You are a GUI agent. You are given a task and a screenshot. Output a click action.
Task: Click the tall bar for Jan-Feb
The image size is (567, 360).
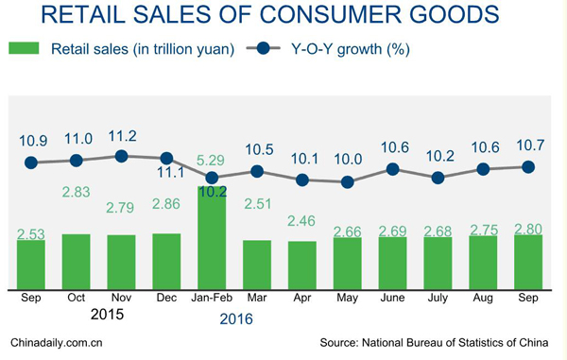click(x=212, y=237)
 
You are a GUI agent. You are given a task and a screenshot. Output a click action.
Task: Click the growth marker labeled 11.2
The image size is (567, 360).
click(x=121, y=156)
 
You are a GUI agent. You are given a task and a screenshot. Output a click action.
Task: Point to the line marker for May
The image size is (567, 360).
click(x=348, y=181)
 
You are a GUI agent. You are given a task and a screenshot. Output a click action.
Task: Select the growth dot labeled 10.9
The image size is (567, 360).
click(x=31, y=163)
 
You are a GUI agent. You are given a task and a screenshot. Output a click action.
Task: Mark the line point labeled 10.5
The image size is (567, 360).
click(x=257, y=171)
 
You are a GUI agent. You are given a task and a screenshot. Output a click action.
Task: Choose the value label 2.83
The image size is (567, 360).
click(x=77, y=193)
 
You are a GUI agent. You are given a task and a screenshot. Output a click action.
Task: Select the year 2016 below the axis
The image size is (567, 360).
click(x=236, y=319)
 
